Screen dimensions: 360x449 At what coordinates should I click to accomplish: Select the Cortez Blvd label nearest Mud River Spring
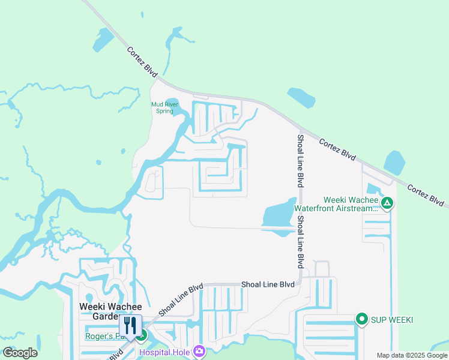(142, 62)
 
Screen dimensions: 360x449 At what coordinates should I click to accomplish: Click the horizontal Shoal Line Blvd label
(268, 284)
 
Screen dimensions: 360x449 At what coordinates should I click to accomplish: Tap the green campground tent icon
(388, 203)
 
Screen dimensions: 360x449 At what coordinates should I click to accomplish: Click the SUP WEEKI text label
(393, 319)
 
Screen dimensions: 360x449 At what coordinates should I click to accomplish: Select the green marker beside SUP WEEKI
(361, 319)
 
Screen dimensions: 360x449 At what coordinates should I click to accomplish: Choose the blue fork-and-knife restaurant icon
(130, 326)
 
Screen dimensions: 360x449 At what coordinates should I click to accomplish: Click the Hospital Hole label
(164, 352)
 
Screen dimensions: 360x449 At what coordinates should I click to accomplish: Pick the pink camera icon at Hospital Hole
(199, 352)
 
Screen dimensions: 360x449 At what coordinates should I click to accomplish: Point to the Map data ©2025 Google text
(412, 355)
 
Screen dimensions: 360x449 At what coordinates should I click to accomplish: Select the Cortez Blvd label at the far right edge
(427, 196)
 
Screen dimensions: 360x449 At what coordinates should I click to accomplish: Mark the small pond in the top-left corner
(103, 40)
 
